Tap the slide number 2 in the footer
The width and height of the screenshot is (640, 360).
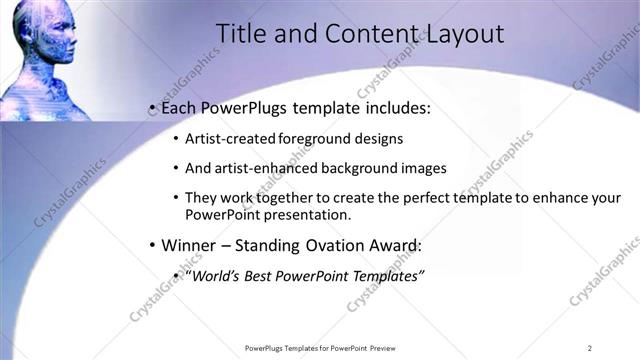(589, 348)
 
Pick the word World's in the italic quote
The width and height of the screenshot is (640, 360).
(218, 275)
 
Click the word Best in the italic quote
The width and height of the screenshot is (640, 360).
(262, 275)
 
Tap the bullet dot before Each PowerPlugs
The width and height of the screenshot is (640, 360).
(151, 106)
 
